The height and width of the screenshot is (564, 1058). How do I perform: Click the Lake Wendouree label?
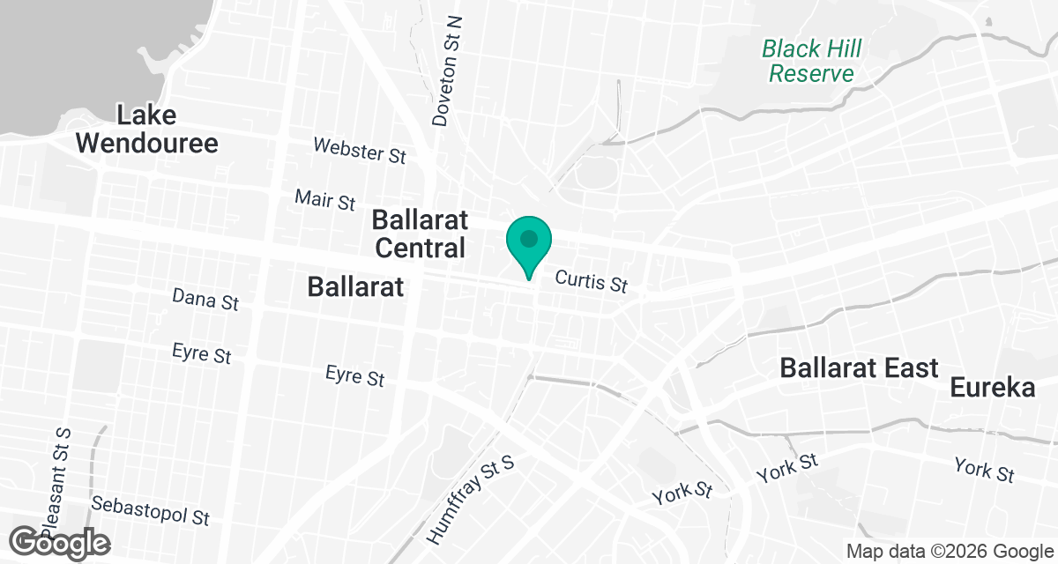146,129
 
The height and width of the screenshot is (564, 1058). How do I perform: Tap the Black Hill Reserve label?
811,60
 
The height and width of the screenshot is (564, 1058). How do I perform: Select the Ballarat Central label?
421,234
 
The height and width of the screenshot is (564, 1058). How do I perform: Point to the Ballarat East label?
859,367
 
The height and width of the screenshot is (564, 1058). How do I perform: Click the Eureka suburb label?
993,387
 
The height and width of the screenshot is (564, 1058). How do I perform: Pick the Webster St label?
360,150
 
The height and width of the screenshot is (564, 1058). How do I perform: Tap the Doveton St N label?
448,70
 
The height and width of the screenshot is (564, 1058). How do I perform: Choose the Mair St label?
325,200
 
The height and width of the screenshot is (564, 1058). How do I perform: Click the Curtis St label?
591,282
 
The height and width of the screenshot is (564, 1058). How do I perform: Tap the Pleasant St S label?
56,476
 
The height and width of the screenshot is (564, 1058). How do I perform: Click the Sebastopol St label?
151,510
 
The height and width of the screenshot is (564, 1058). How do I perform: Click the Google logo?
60,542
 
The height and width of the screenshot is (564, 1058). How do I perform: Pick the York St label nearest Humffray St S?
682,493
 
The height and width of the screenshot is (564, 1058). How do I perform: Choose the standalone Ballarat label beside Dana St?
355,286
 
